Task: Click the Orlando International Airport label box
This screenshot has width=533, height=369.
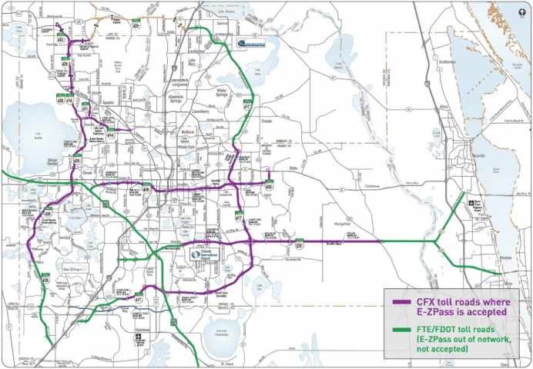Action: click(206, 254)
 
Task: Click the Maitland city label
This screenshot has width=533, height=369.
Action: click(188, 131)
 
